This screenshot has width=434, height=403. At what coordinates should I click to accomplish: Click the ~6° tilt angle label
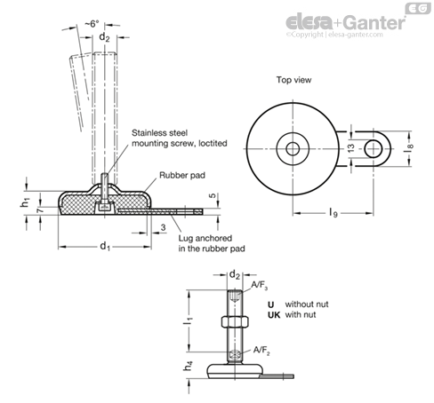(x=92, y=24)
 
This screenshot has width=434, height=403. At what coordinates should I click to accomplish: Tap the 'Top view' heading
(x=293, y=80)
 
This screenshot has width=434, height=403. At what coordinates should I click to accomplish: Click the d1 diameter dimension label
(x=105, y=246)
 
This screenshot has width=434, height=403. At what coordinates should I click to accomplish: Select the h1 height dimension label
(x=25, y=203)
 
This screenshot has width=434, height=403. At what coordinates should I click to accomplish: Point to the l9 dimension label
(x=334, y=212)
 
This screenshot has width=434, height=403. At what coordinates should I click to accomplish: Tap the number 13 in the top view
(x=350, y=147)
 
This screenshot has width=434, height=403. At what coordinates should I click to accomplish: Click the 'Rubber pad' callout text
(x=182, y=175)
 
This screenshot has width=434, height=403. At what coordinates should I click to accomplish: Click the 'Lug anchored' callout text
(x=205, y=238)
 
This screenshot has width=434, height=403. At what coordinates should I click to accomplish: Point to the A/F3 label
(x=260, y=285)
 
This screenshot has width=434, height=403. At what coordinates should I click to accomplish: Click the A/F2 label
(x=261, y=351)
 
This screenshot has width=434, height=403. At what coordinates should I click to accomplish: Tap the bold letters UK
(x=274, y=315)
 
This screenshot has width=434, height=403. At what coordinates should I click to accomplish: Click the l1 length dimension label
(x=189, y=320)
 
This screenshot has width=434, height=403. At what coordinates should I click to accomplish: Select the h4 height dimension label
(x=189, y=366)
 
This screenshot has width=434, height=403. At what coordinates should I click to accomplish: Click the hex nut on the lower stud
(x=235, y=321)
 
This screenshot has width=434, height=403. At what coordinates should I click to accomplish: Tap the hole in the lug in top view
(x=373, y=148)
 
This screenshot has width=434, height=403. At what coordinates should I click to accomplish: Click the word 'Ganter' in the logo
(x=375, y=22)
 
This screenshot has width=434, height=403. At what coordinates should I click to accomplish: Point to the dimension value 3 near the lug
(x=163, y=227)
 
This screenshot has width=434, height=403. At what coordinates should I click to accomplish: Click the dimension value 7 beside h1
(x=40, y=209)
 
